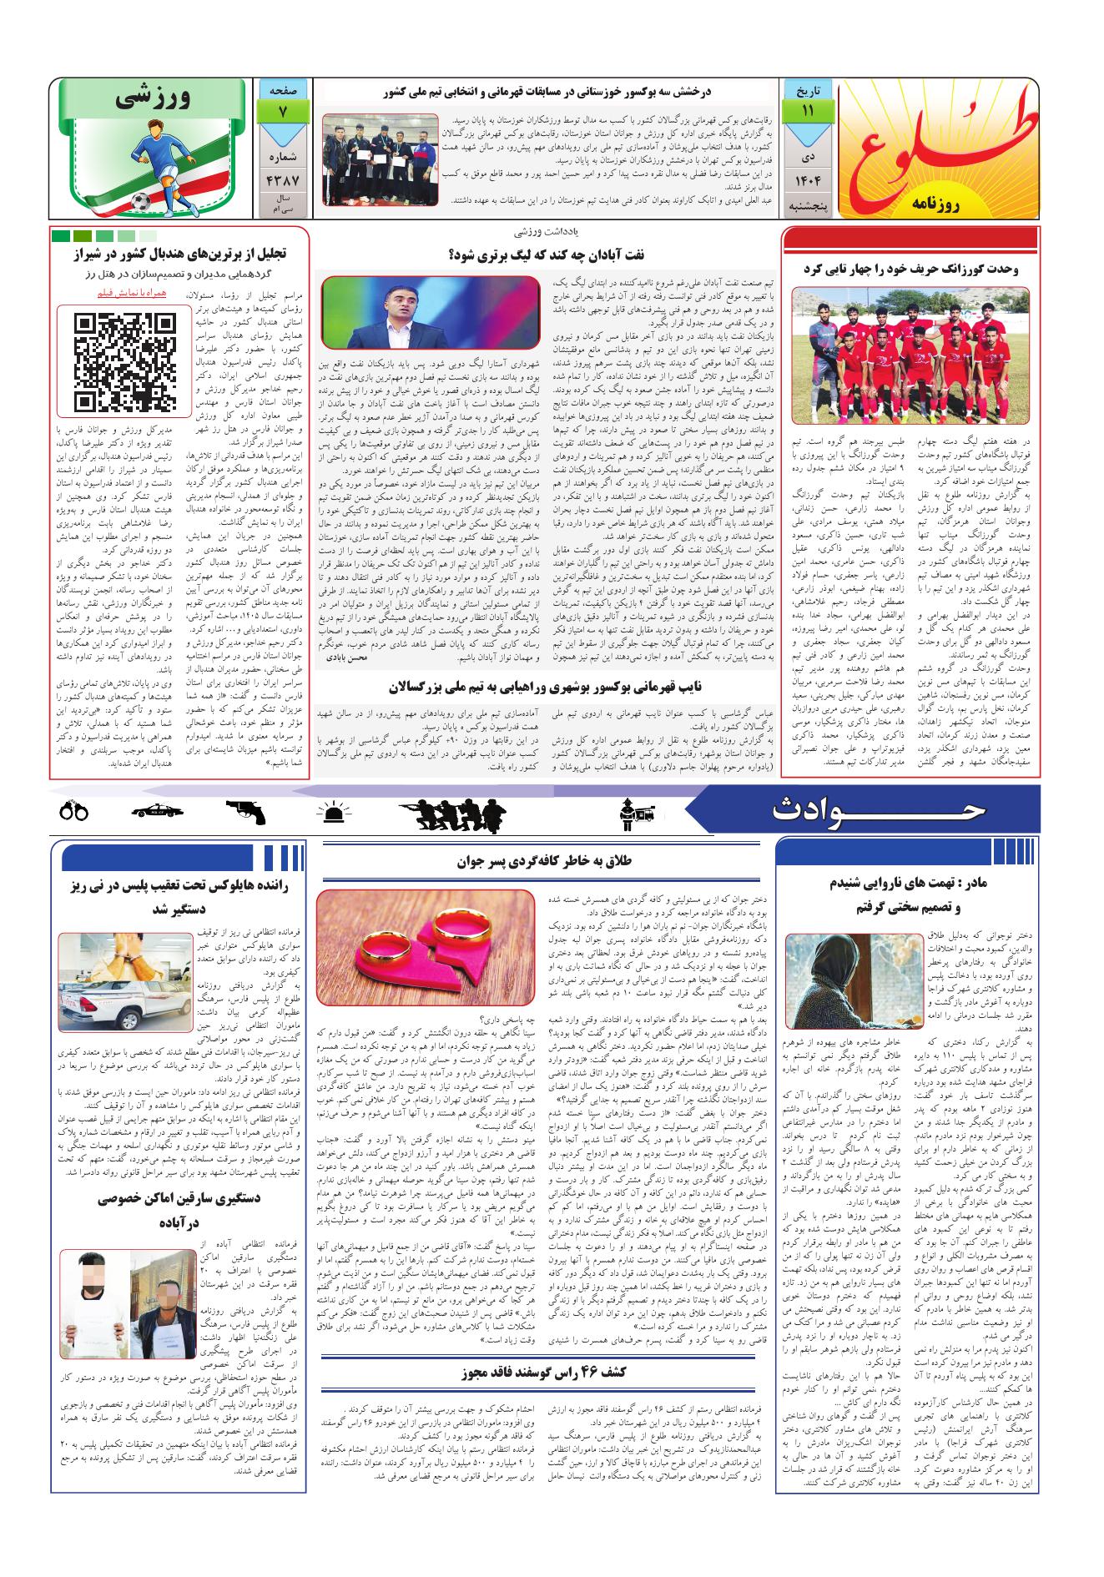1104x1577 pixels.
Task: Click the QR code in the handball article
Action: pos(125,361)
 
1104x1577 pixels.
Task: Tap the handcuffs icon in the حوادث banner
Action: pos(74,811)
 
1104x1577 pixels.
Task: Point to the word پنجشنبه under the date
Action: pos(807,212)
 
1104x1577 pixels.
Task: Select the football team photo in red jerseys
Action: pos(908,355)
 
